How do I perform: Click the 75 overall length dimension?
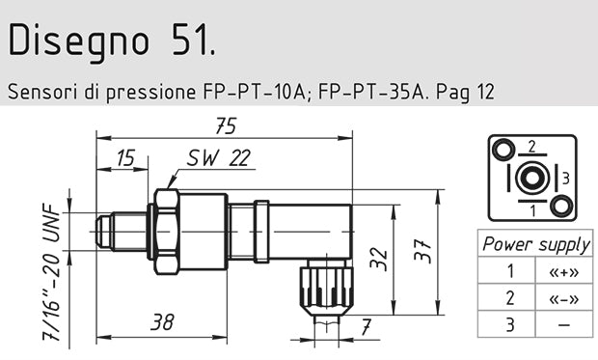click(x=225, y=125)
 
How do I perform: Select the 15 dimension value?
click(x=124, y=157)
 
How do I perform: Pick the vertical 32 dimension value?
click(x=382, y=258)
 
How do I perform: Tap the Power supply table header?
click(x=535, y=244)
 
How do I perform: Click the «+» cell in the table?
click(x=563, y=271)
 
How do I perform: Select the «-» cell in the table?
click(x=563, y=297)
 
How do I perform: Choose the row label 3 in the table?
click(x=510, y=324)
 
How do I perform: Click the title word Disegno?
click(x=70, y=42)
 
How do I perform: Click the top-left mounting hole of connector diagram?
click(x=502, y=150)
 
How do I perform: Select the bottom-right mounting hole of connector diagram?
click(x=559, y=206)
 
